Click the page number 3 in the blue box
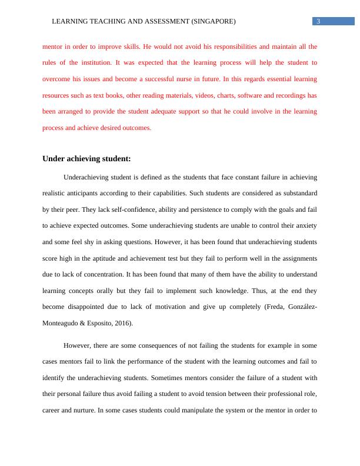(318, 22)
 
